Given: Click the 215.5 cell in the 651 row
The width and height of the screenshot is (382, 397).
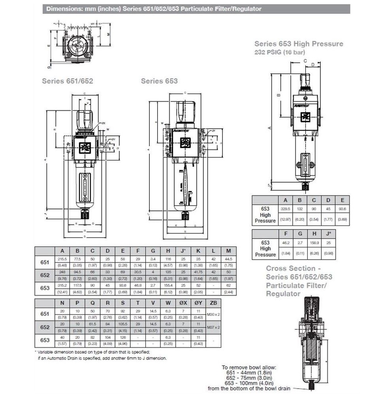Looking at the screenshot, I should [62, 258].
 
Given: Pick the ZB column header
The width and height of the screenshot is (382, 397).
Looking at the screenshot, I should [214, 303].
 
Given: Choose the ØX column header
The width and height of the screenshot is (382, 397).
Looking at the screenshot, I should [183, 303].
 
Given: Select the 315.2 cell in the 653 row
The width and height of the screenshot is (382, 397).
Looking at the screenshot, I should [62, 284].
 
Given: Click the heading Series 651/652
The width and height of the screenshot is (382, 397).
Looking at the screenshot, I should [68, 81].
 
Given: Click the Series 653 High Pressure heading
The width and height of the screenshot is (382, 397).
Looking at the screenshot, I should [299, 44].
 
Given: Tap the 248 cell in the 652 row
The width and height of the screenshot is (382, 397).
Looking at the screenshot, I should [62, 272].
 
